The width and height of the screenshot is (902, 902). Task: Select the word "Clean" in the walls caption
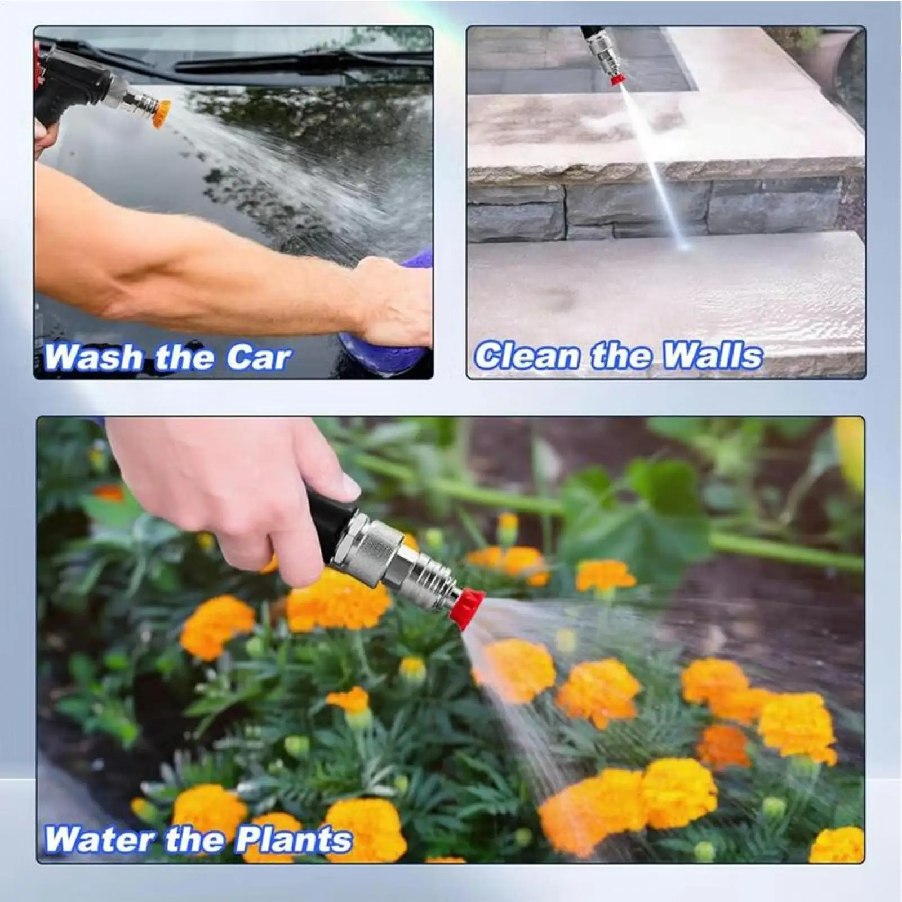click(527, 356)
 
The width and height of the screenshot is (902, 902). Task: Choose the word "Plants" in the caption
click(294, 839)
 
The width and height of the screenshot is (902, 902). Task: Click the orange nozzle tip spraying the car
click(162, 113)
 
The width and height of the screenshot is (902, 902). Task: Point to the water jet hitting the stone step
click(654, 163)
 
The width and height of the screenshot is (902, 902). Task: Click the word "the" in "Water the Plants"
click(194, 839)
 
